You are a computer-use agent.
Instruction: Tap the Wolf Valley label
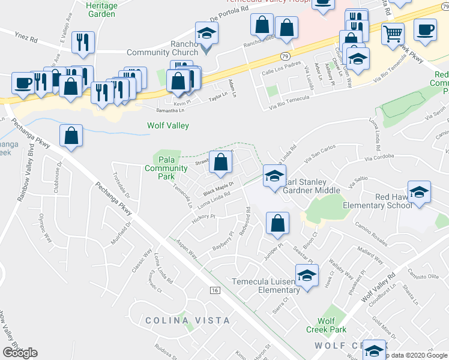click(168, 126)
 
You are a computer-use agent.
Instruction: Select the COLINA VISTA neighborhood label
click(187, 320)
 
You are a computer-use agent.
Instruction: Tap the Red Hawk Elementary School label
click(376, 201)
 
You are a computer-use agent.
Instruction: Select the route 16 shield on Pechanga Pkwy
click(214, 290)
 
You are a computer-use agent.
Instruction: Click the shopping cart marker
click(393, 34)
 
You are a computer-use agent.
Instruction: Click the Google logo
click(20, 353)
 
